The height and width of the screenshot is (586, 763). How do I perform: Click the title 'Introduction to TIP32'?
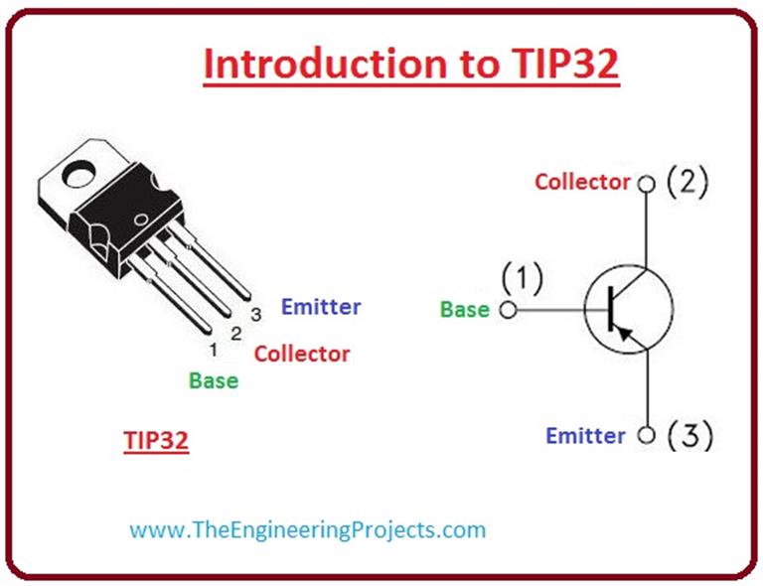[x=410, y=64]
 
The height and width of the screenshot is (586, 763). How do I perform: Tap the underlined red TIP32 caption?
[x=156, y=441]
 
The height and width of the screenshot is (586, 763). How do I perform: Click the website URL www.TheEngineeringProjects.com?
[x=308, y=529]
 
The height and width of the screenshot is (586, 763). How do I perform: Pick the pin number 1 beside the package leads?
[x=213, y=350]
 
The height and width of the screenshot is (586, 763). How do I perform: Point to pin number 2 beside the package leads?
[x=235, y=334]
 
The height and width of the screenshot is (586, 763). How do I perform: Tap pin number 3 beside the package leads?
[x=255, y=315]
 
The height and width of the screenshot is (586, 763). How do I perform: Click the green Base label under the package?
[x=214, y=380]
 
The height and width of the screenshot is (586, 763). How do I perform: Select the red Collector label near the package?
[x=302, y=354]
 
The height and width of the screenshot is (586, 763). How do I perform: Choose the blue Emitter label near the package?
[x=321, y=307]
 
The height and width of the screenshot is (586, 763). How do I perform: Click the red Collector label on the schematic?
[x=582, y=182]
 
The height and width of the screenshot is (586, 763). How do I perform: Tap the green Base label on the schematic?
[x=465, y=309]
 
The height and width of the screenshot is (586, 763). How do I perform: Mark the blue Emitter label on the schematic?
[x=586, y=436]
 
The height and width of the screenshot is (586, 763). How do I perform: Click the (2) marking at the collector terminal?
[x=687, y=183]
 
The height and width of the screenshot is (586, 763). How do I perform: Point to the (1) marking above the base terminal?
[x=522, y=279]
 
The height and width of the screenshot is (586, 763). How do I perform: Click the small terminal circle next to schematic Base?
[x=509, y=310]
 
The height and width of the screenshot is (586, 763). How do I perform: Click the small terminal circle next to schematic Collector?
[x=647, y=184]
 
